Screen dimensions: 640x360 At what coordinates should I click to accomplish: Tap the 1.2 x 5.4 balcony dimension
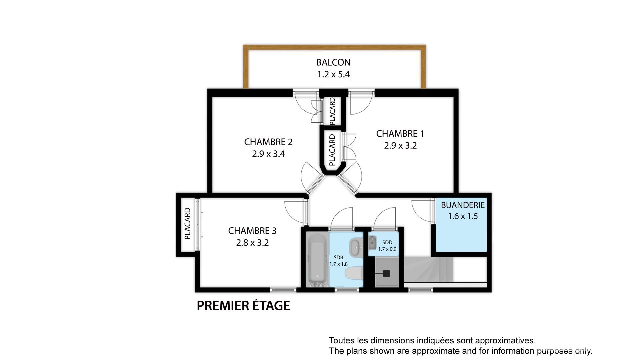(333, 74)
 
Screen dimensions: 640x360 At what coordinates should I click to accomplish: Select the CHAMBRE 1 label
(400, 134)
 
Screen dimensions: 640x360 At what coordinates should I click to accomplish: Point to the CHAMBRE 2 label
(268, 142)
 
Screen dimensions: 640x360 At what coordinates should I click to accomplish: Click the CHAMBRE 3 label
(252, 231)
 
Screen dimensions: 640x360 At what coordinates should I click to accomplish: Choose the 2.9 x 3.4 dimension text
(268, 154)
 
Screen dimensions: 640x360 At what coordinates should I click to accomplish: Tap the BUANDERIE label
(463, 205)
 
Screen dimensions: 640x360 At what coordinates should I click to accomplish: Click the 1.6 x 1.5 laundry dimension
(463, 216)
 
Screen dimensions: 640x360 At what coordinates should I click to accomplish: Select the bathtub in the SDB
(317, 260)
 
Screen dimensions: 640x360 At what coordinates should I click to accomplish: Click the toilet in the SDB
(354, 274)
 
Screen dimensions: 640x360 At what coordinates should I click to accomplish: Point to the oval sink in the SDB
(356, 247)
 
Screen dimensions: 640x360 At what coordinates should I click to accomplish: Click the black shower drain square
(386, 273)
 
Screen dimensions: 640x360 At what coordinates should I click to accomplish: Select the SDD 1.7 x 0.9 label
(387, 246)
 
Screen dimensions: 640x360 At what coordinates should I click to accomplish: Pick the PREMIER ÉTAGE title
(243, 306)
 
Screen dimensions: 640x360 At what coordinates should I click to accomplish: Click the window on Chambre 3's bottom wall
(283, 290)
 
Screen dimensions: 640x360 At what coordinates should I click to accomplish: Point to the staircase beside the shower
(428, 269)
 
